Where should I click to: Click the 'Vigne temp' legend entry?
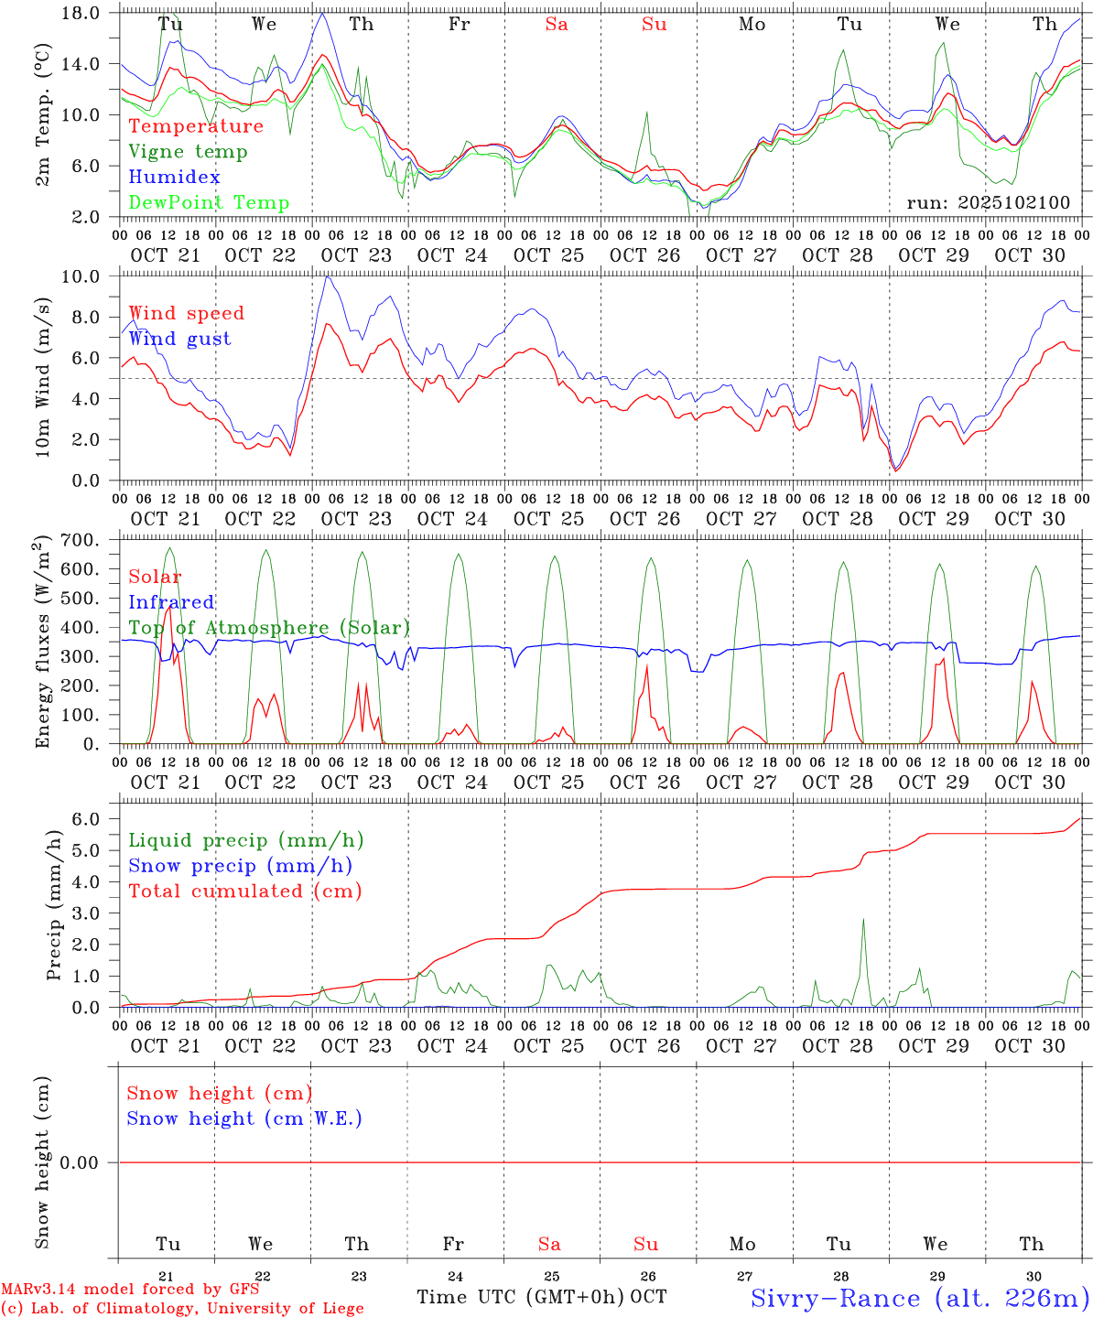pyautogui.click(x=188, y=152)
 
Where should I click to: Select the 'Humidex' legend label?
pyautogui.click(x=174, y=178)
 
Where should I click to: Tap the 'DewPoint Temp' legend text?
pyautogui.click(x=209, y=203)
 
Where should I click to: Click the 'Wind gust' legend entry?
pyautogui.click(x=179, y=339)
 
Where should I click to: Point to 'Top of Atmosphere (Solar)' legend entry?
pyautogui.click(x=269, y=628)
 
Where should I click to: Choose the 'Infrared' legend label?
pyautogui.click(x=171, y=602)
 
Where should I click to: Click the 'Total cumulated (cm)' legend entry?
pyautogui.click(x=244, y=891)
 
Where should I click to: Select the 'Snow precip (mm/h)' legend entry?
pyautogui.click(x=240, y=866)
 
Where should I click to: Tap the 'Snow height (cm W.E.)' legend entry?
pyautogui.click(x=244, y=1118)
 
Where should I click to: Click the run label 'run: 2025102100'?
pyautogui.click(x=988, y=203)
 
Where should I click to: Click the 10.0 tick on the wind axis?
pyautogui.click(x=90, y=276)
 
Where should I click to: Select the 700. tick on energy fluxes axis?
pyautogui.click(x=90, y=540)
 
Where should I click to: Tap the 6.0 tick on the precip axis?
pyautogui.click(x=96, y=819)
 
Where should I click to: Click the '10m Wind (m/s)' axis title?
pyautogui.click(x=43, y=379)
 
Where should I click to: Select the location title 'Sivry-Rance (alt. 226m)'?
pyautogui.click(x=919, y=1298)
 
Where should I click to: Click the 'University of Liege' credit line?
pyautogui.click(x=182, y=1309)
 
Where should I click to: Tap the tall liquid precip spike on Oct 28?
pyautogui.click(x=862, y=920)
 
